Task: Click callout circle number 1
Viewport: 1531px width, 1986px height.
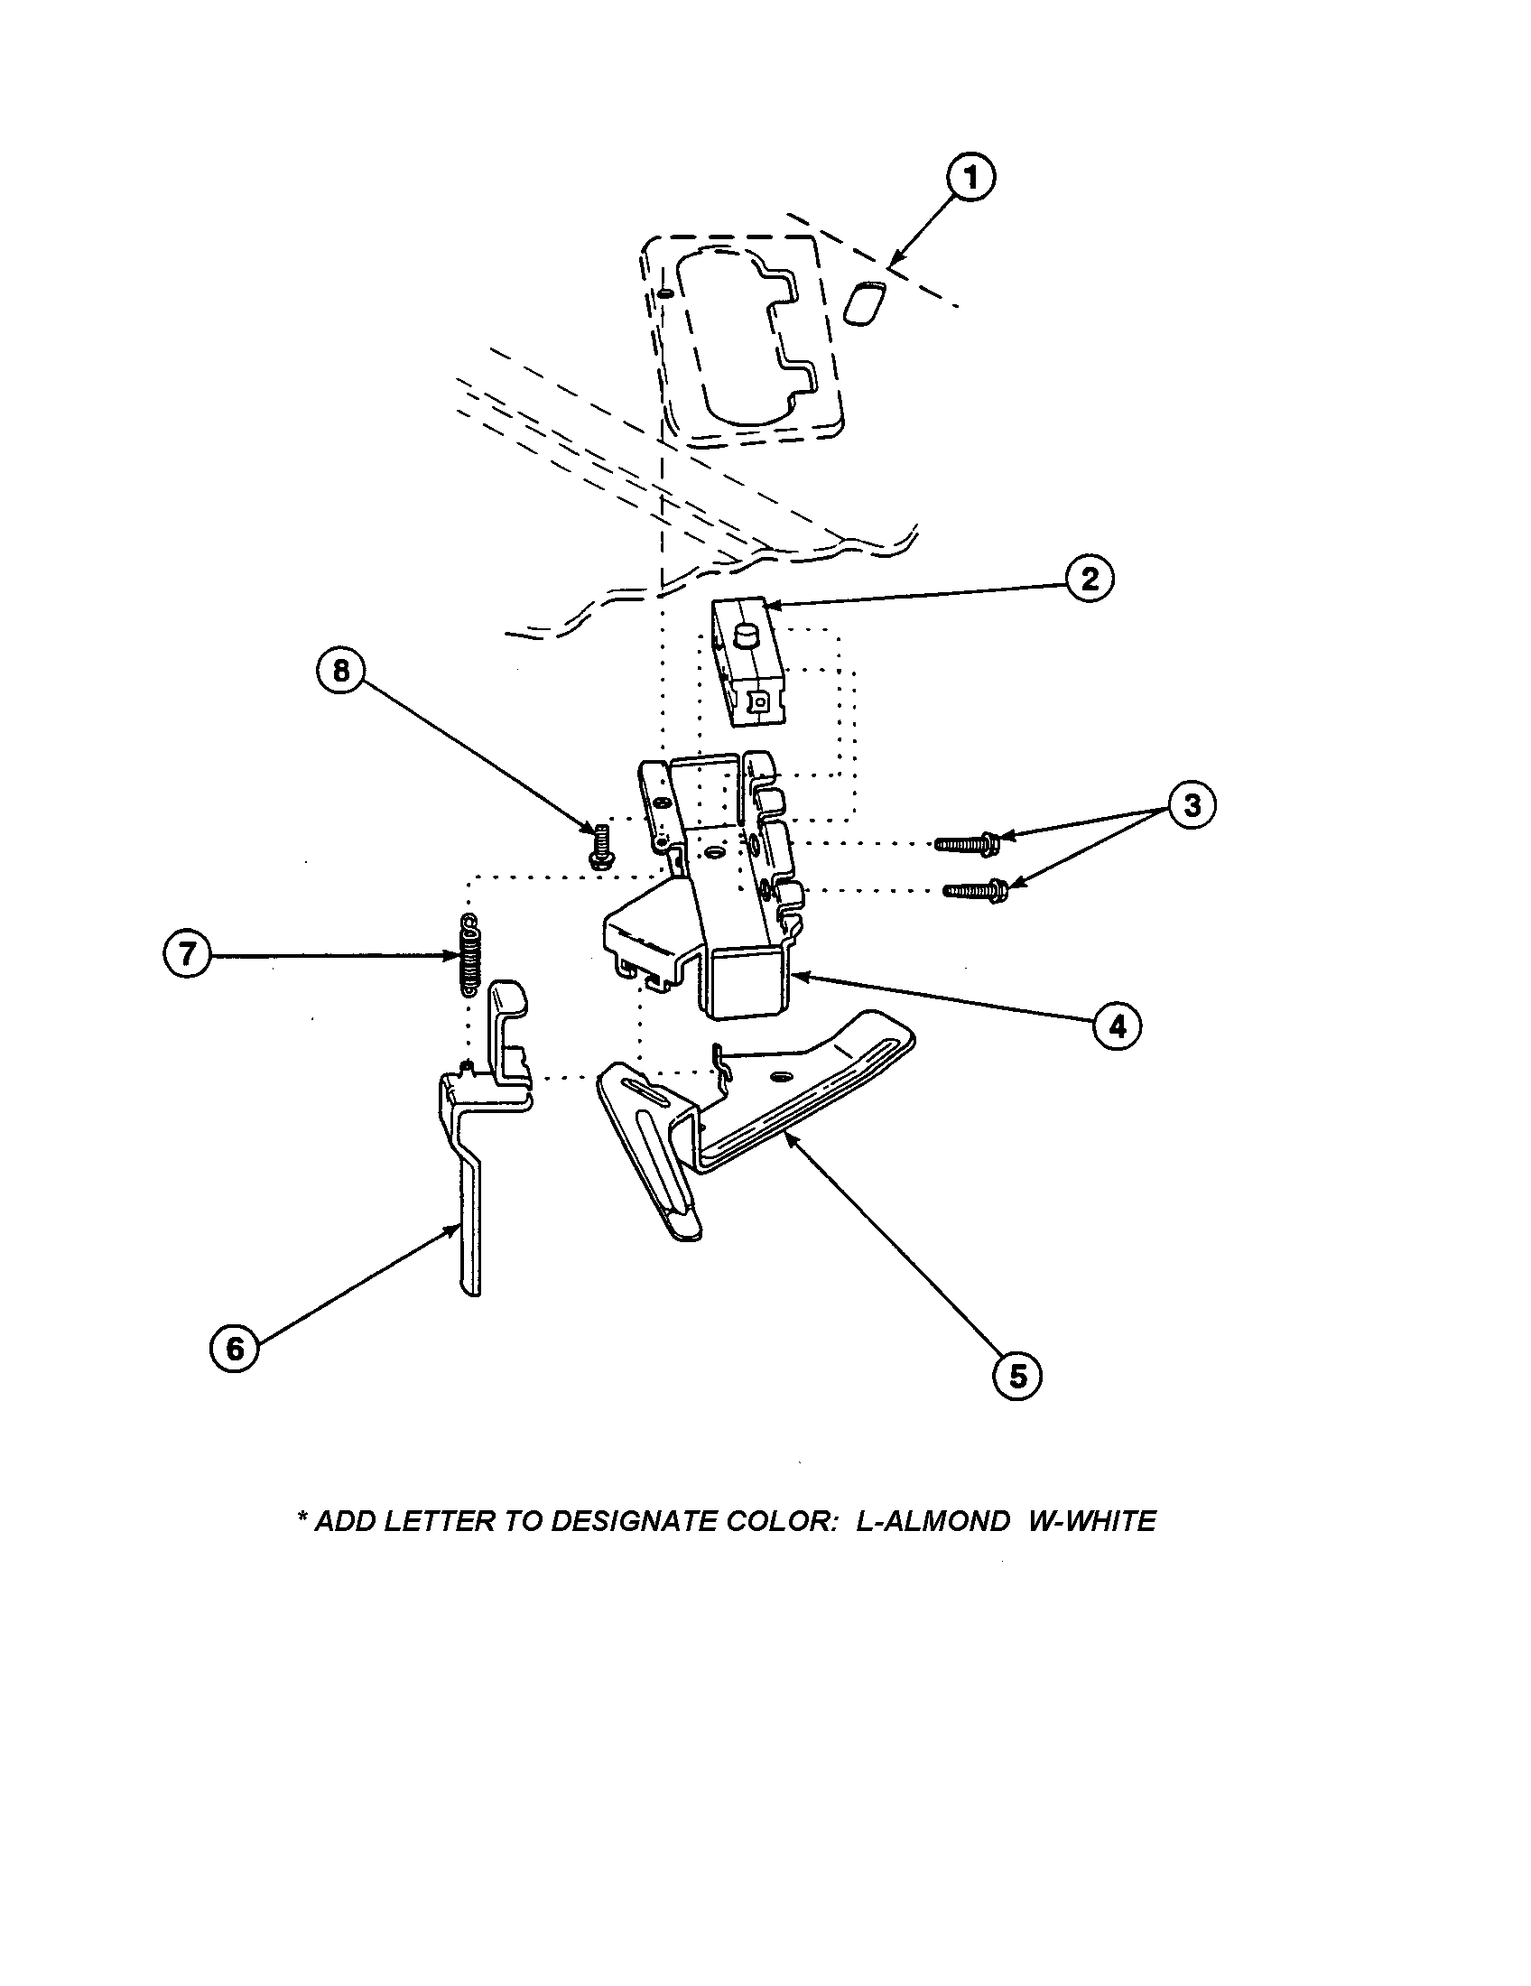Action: pyautogui.click(x=970, y=178)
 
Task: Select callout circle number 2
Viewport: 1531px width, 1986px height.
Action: pyautogui.click(x=1090, y=580)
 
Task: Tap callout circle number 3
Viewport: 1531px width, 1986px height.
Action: pyautogui.click(x=1191, y=804)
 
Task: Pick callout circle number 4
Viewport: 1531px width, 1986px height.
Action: pyautogui.click(x=1117, y=1026)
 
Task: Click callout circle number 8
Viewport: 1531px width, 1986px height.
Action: pyautogui.click(x=340, y=670)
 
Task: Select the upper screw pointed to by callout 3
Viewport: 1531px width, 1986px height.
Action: pyautogui.click(x=968, y=845)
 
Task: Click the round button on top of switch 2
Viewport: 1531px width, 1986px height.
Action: pyautogui.click(x=747, y=634)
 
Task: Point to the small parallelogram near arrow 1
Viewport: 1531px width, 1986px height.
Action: pyautogui.click(x=863, y=302)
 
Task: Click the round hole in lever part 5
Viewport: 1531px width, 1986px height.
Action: pyautogui.click(x=778, y=1077)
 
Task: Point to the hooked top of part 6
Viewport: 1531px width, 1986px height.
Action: pyautogui.click(x=508, y=997)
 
